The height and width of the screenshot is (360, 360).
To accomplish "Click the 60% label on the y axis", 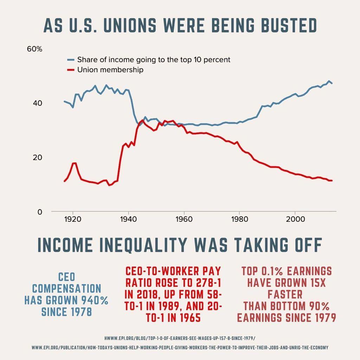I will coord(34,49).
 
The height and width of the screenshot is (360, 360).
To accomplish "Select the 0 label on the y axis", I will coord(39,212).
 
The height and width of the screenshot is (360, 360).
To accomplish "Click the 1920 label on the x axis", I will coord(73,219).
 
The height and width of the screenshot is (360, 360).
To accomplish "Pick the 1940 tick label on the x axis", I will coord(128,219).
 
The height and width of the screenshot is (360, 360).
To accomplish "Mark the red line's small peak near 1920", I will coord(74,163).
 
